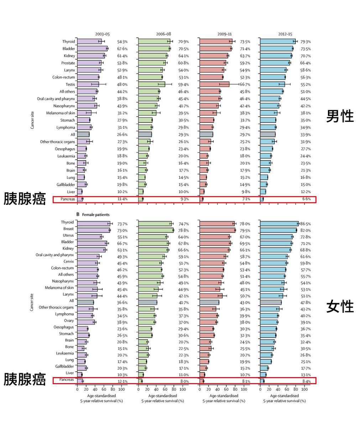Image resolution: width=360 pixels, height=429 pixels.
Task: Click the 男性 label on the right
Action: coord(340,116)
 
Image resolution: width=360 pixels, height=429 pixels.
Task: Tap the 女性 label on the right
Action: coord(340,306)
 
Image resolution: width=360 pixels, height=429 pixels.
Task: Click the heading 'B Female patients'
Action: coord(93,214)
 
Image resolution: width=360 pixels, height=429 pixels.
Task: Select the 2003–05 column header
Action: coord(102,34)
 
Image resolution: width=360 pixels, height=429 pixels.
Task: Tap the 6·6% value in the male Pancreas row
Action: coord(306,199)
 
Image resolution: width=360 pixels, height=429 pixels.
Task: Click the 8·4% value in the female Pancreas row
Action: coord(306,381)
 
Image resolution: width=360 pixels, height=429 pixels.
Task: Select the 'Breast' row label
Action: coord(68,229)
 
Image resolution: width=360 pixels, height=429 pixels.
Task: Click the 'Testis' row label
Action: coord(70,84)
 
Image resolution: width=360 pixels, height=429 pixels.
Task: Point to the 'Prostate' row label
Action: coord(68,63)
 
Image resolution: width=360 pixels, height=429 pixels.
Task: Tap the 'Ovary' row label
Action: coord(69,321)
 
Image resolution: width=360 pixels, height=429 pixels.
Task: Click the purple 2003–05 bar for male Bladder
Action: coord(92,49)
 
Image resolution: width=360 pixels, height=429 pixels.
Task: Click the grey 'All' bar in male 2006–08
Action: coord(145,134)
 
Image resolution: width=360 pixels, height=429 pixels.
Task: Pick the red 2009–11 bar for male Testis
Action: coord(214,84)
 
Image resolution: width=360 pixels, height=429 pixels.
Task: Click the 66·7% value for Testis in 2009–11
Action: coord(245,85)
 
